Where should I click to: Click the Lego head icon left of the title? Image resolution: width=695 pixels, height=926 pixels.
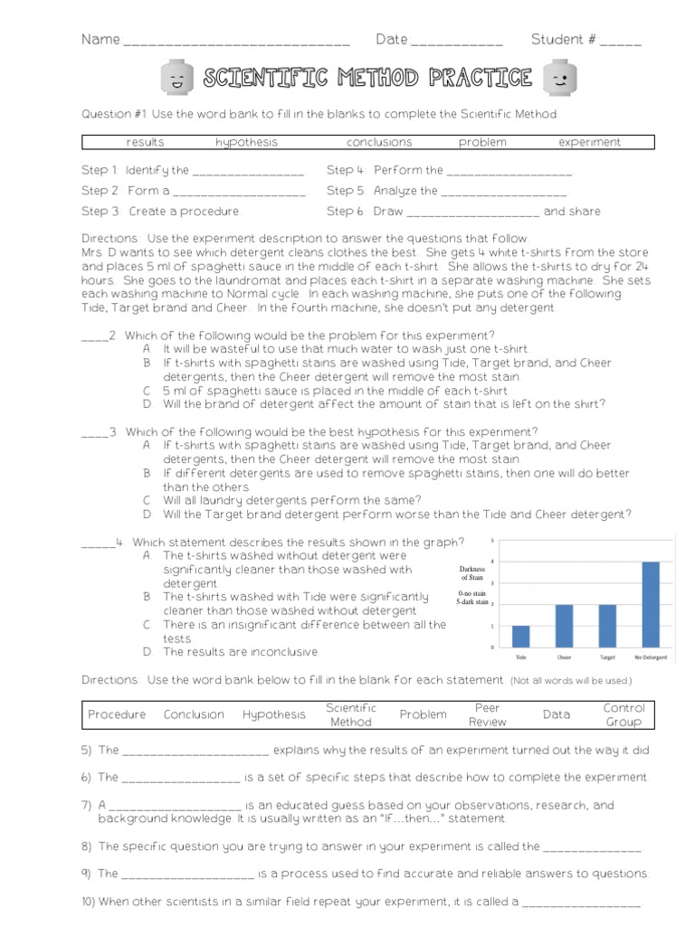(176, 80)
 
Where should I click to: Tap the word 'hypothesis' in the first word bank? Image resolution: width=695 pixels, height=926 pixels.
(246, 142)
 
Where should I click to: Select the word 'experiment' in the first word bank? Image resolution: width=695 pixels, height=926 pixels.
(589, 142)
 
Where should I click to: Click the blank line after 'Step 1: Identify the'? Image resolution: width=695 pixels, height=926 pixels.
(248, 172)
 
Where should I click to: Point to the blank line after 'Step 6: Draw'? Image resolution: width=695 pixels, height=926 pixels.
(472, 213)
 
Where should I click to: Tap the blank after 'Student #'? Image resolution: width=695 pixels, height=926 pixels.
(620, 42)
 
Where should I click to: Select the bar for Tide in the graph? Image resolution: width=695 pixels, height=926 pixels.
(520, 636)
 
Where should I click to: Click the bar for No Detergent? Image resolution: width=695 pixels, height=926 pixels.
(650, 604)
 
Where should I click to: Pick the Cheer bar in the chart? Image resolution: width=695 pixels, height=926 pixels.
(564, 626)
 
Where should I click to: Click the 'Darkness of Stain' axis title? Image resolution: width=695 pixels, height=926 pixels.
(472, 572)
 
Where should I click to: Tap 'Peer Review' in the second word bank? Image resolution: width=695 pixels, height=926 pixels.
(487, 714)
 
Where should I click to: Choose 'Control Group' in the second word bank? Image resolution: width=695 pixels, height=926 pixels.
(624, 714)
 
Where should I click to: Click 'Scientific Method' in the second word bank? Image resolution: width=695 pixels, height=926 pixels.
(350, 714)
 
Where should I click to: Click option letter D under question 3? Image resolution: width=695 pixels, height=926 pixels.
(147, 515)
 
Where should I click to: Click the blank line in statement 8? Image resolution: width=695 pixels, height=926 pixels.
(592, 848)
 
